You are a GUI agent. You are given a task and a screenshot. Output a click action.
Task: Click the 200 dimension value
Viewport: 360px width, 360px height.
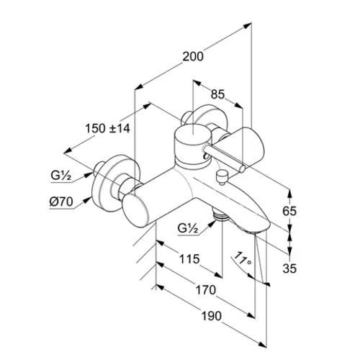coord(193,57)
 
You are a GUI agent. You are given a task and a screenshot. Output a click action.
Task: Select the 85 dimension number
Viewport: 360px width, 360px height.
coord(218,94)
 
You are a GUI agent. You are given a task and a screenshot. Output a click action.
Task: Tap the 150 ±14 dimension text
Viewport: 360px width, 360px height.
coord(107,128)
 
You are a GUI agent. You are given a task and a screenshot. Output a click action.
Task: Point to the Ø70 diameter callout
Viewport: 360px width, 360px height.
coord(61,202)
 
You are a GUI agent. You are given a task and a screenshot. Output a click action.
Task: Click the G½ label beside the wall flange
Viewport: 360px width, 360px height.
coord(61,176)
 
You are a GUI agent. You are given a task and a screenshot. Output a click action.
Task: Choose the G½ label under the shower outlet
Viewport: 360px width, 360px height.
coord(188,228)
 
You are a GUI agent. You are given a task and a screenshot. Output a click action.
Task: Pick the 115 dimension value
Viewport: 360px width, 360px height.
coord(189,258)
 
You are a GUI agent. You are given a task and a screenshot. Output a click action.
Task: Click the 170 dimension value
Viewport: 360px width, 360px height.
coord(206,290)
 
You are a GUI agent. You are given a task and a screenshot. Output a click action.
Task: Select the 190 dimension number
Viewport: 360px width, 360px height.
coord(211,316)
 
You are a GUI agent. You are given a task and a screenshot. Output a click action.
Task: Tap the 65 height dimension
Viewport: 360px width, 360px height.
coord(289,211)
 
